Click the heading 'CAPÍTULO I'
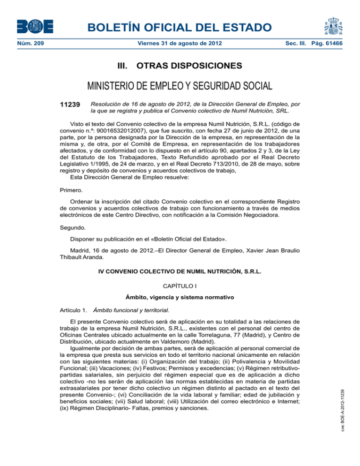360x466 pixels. [180, 285]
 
